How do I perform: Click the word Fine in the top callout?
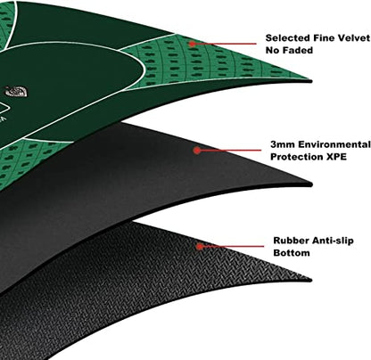tap(322, 38)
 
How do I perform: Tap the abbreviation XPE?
tap(337, 157)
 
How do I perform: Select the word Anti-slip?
tap(331, 241)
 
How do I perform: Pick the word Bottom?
tap(292, 253)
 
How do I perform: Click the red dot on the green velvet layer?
tap(193, 44)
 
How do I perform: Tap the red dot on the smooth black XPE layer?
tap(196, 151)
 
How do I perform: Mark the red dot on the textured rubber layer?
tap(200, 246)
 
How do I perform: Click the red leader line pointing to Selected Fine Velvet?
tap(226, 44)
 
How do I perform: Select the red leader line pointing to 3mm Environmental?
tap(230, 151)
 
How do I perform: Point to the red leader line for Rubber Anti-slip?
tap(233, 246)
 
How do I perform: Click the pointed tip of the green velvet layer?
tap(311, 81)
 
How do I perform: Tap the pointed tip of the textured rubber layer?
tap(311, 280)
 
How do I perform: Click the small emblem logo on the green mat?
tap(16, 91)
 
